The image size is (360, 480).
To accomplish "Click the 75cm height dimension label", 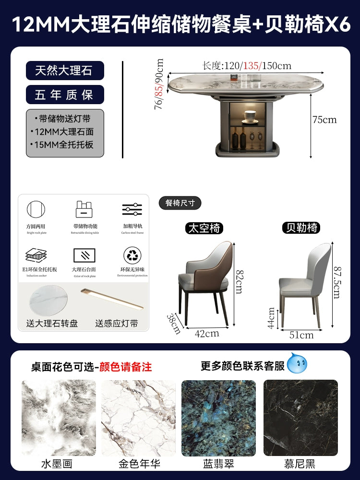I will pos(324,120).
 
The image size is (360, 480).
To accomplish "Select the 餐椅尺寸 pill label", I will pos(180,203).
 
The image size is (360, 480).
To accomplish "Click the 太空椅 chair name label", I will pos(205,228).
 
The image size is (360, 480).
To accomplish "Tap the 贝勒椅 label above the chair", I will pos(301,228).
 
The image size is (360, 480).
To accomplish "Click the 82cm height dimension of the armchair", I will pos(239,281).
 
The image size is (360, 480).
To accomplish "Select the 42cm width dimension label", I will pos(207,333).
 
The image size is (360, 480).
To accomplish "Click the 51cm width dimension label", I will pos(301,335).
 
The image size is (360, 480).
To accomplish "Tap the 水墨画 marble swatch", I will pos(59,418).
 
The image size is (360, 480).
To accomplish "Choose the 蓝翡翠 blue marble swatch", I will pos(219,418).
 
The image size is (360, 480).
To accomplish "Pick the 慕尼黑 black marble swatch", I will pos(300,418).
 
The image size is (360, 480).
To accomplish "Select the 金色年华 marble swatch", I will pos(139,418).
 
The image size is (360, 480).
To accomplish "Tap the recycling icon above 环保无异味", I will pos(132,255).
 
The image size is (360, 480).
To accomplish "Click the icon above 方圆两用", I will pos(36,210).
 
